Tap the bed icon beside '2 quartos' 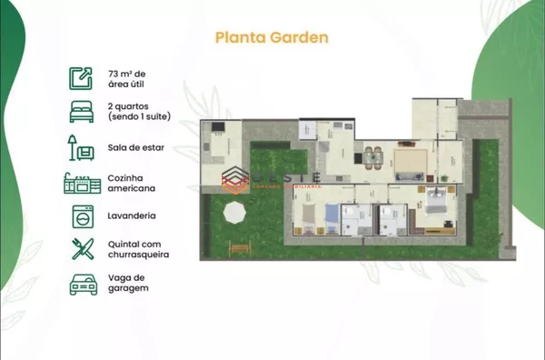[81, 112]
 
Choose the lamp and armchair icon [81, 146]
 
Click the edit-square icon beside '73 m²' [81, 77]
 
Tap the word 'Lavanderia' [131, 216]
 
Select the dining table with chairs [372, 155]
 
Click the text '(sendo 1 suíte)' [138, 117]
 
